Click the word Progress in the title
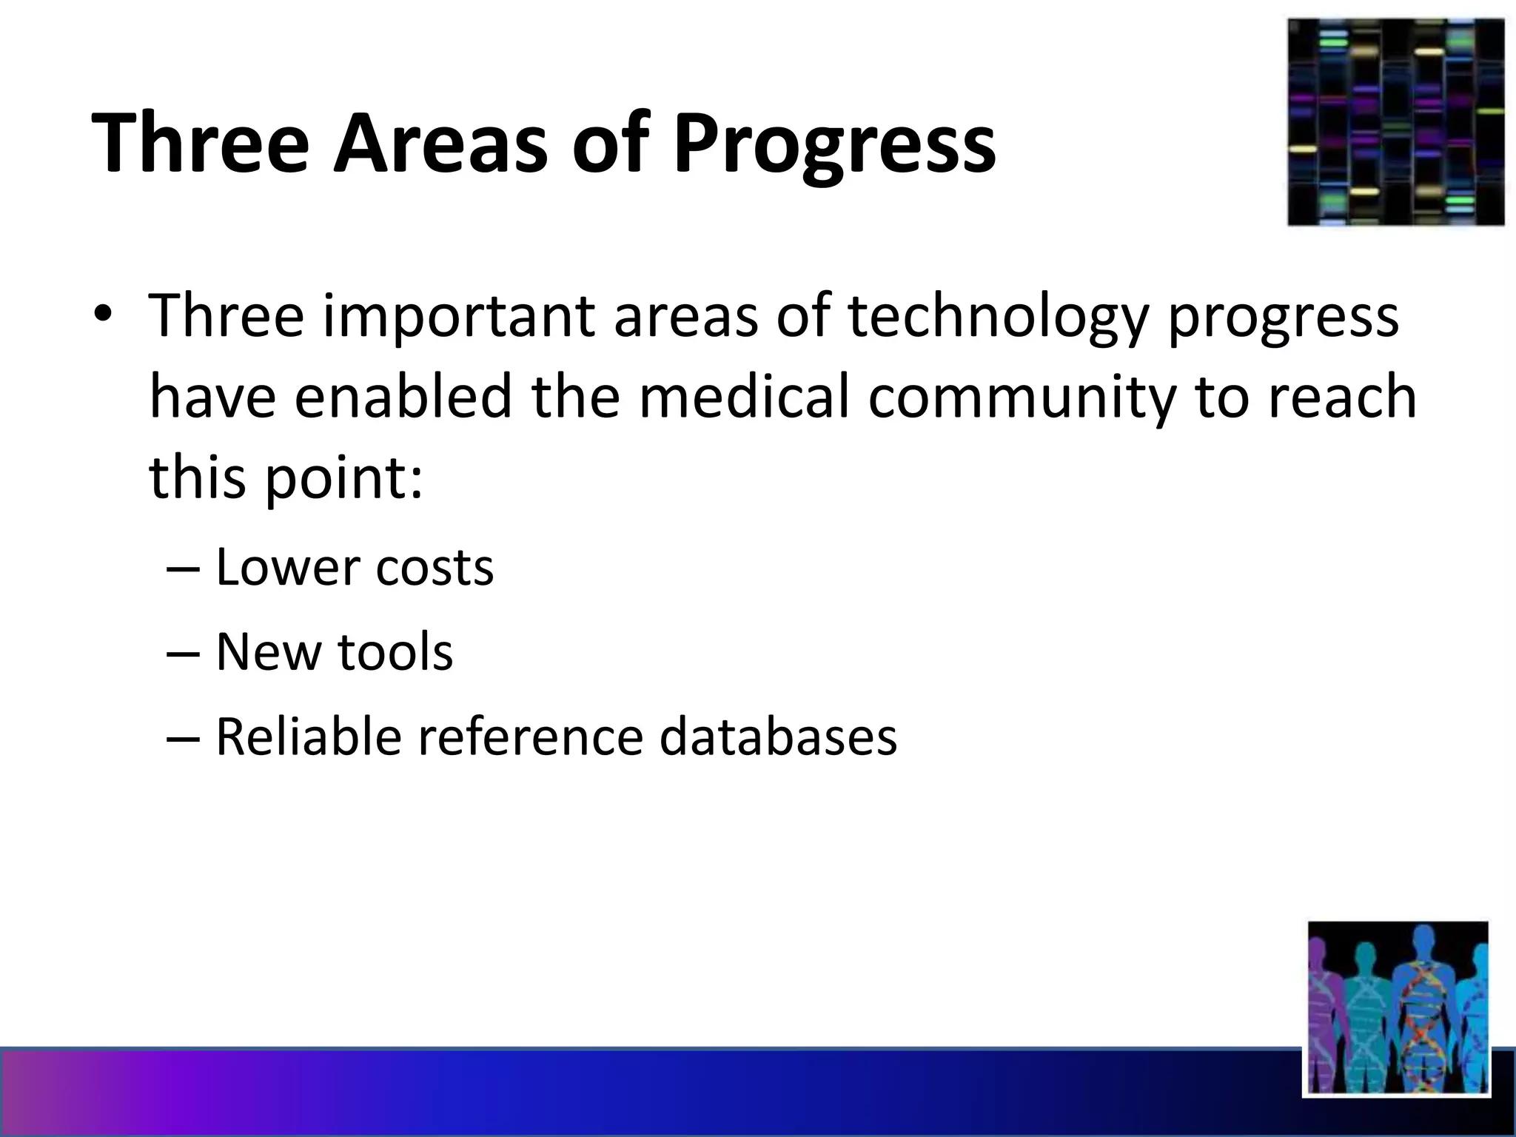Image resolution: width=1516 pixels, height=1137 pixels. (834, 144)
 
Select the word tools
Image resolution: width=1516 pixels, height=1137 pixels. (395, 653)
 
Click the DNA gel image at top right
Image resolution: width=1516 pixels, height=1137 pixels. (1395, 122)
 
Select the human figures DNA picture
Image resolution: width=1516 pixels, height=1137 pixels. (1397, 1007)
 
